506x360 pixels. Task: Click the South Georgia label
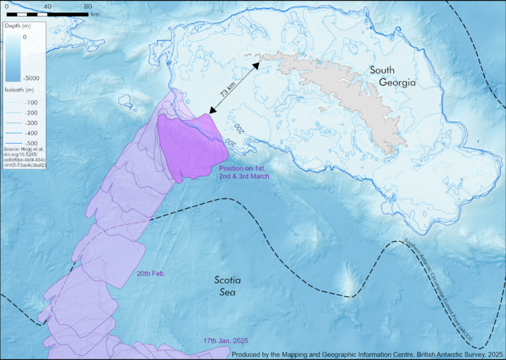point(393,76)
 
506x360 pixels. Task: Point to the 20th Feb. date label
point(151,274)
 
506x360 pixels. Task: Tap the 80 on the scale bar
point(88,7)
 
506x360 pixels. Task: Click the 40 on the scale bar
point(47,7)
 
